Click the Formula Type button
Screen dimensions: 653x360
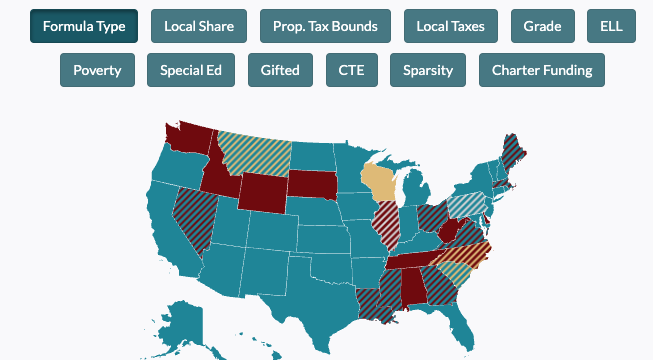coord(84,26)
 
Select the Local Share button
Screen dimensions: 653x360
coord(199,26)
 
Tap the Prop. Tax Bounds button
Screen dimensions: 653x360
coord(325,26)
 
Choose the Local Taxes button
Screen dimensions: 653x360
coord(450,26)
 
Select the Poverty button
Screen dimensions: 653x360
coord(97,70)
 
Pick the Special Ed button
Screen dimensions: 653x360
coord(191,70)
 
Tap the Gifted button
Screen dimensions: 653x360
coord(280,70)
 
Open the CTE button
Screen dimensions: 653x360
coord(352,70)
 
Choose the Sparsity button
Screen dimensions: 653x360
coord(428,70)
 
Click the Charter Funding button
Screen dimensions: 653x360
coord(541,70)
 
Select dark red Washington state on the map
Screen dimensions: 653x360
coord(186,141)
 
